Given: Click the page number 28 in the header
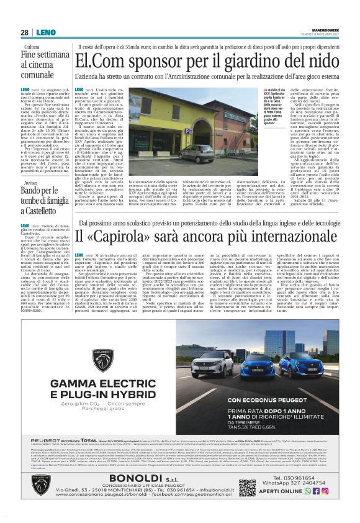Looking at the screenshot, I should pyautogui.click(x=24, y=32).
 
